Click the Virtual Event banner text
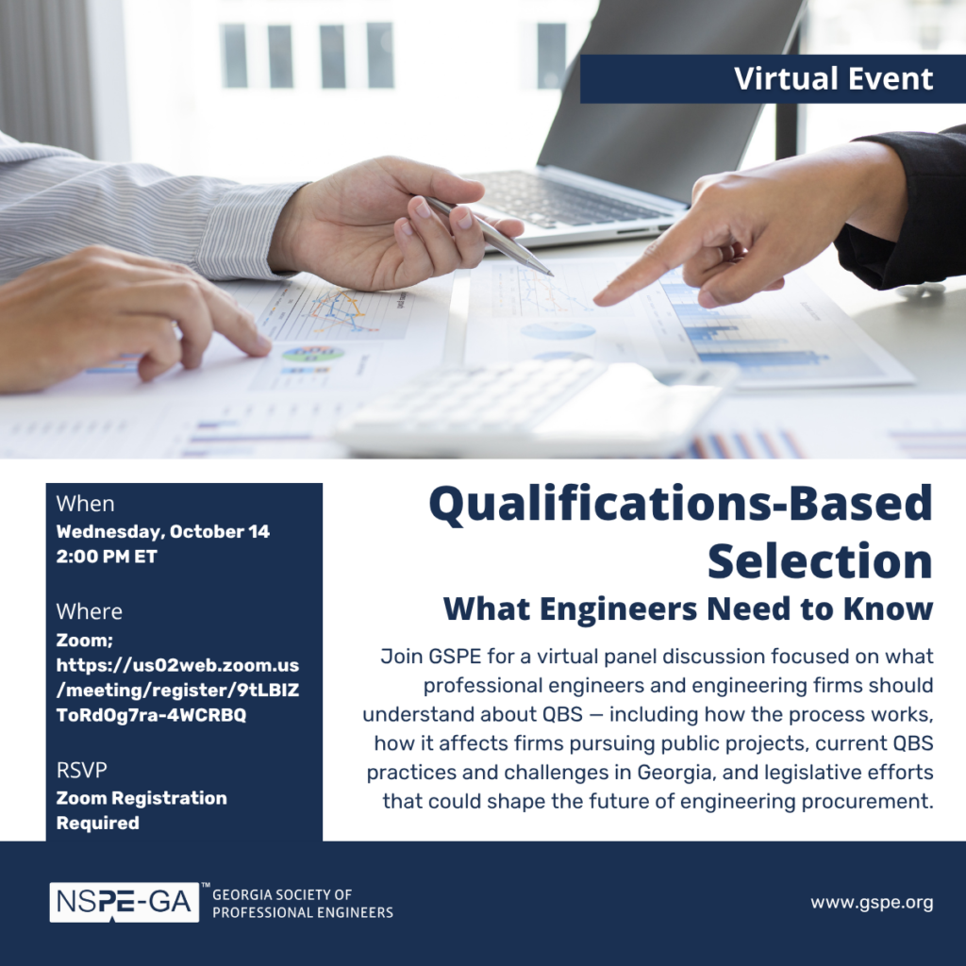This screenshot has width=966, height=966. (x=834, y=79)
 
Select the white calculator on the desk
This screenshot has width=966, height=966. (x=535, y=407)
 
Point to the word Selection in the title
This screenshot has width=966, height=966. (x=820, y=561)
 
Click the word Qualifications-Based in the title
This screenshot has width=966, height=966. (x=681, y=505)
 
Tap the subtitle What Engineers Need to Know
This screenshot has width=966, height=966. (x=688, y=608)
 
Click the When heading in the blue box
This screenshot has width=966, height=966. (x=85, y=504)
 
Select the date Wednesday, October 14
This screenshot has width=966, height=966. (x=162, y=532)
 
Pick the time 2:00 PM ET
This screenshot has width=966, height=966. (x=107, y=557)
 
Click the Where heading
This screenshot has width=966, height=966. (x=90, y=611)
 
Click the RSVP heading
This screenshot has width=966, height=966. (x=81, y=770)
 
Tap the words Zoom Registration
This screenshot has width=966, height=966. (x=142, y=798)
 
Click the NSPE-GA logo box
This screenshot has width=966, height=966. (x=125, y=902)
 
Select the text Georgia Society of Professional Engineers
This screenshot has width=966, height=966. (x=303, y=903)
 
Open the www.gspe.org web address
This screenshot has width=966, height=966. (x=872, y=903)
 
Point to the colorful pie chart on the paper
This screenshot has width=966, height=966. (x=313, y=354)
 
